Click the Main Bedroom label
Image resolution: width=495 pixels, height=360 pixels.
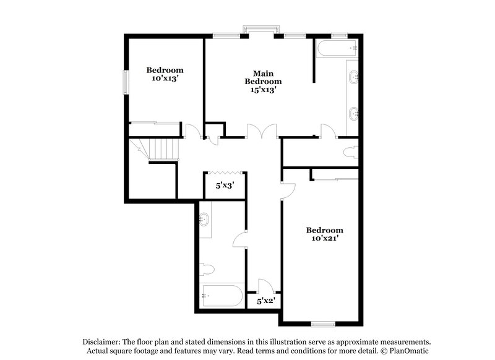click(x=263, y=77)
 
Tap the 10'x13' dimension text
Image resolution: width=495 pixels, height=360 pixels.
click(x=165, y=79)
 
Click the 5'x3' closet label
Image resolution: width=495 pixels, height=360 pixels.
click(x=224, y=184)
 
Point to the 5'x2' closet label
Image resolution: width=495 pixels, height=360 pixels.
click(x=265, y=301)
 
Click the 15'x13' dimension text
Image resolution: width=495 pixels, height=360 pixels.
click(x=263, y=89)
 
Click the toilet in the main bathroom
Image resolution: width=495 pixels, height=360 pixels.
click(x=351, y=152)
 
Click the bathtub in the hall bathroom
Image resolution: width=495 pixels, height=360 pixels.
click(x=221, y=295)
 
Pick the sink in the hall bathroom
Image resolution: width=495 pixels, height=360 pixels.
click(x=205, y=220)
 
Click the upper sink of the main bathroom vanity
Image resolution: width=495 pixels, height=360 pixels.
click(x=353, y=78)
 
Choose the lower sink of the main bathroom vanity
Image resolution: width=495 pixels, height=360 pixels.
click(x=353, y=113)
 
